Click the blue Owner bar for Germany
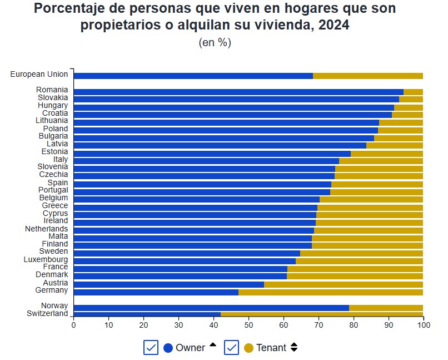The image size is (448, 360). (x=156, y=292)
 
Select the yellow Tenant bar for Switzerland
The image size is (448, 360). (x=322, y=314)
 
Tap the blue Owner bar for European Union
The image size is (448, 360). (x=193, y=76)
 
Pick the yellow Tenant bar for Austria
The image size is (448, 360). (x=344, y=284)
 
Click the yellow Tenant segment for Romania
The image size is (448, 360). (x=413, y=92)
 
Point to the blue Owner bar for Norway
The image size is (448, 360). (x=211, y=307)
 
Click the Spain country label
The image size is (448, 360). (x=58, y=183)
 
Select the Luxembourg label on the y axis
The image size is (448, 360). (x=46, y=259)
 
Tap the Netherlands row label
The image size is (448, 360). (x=46, y=229)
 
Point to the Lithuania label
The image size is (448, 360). (x=52, y=120)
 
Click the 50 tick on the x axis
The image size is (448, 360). (x=248, y=325)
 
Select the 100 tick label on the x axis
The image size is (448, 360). (x=423, y=325)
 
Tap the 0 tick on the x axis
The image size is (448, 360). (x=73, y=325)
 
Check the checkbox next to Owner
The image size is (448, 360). (x=151, y=347)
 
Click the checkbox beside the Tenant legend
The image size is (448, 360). (x=231, y=347)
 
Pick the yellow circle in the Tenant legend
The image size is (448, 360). (x=248, y=348)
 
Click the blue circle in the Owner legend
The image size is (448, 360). (x=168, y=348)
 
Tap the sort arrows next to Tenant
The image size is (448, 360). (x=294, y=347)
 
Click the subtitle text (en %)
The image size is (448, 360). (x=215, y=43)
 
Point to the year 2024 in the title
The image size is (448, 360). (x=333, y=25)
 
